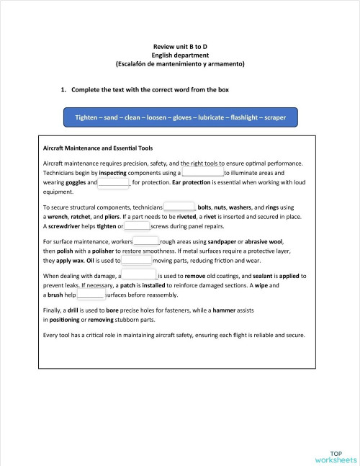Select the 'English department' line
pyautogui.click(x=180, y=55)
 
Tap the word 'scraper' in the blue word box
pyautogui.click(x=276, y=117)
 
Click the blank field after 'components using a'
pyautogui.click(x=203, y=174)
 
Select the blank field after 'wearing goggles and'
pyautogui.click(x=113, y=184)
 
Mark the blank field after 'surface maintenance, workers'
pyautogui.click(x=146, y=241)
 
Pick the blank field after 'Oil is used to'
pyautogui.click(x=136, y=260)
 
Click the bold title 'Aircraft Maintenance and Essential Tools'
pyautogui.click(x=98, y=148)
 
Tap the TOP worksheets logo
pyautogui.click(x=335, y=457)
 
